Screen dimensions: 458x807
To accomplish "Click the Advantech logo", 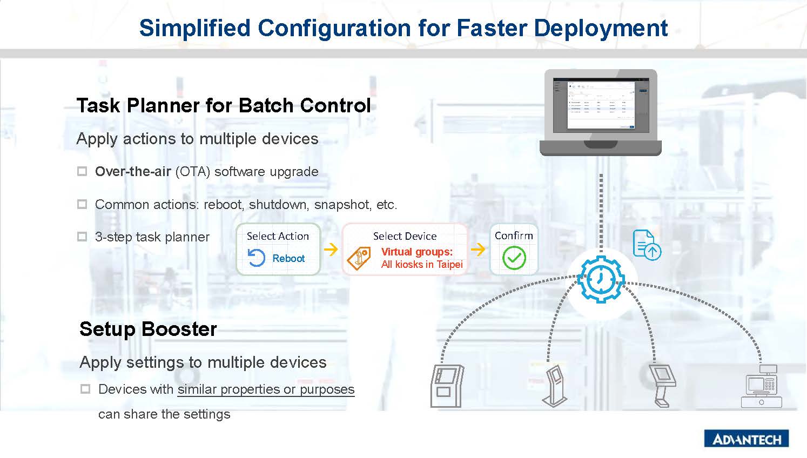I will [747, 439].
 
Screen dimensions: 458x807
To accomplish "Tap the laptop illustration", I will [601, 112].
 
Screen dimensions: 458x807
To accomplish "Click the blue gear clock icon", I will [601, 279].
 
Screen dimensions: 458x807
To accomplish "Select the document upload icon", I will [646, 245].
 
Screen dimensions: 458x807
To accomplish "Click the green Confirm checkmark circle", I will [514, 258].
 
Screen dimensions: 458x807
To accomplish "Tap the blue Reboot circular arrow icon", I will [257, 258].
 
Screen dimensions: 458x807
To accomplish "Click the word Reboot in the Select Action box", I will [288, 258].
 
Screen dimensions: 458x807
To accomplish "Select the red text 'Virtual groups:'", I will [416, 252].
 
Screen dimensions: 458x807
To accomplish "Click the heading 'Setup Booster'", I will [148, 329].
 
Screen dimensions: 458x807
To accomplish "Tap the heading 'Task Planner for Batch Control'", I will [224, 105].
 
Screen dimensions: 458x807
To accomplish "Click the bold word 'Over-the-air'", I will [133, 172].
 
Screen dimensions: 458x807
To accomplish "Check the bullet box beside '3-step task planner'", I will [82, 237].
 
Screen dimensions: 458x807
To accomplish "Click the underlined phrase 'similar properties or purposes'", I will [266, 389].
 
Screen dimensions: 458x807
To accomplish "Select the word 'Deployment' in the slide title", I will [601, 28].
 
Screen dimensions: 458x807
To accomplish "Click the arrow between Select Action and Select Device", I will [331, 249].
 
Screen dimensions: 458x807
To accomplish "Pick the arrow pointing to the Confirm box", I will [478, 249].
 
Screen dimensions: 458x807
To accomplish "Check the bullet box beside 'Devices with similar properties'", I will [85, 389].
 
